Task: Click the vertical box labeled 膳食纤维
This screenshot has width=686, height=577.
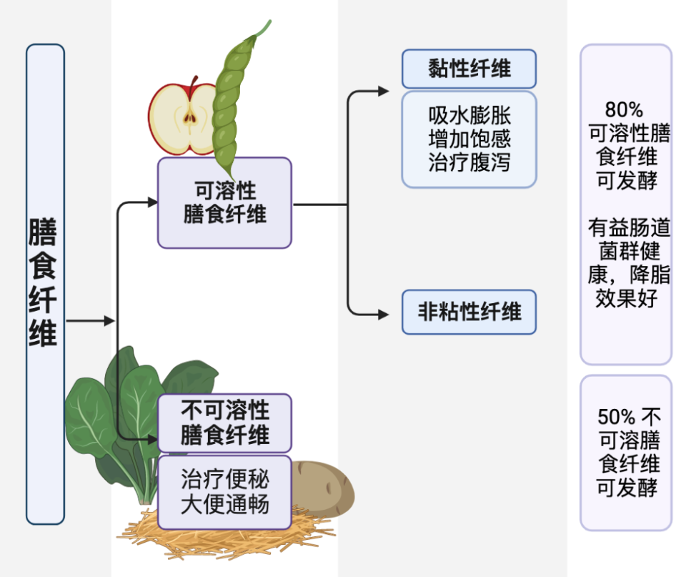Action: coord(45,284)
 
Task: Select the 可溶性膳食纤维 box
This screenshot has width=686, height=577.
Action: coord(224,202)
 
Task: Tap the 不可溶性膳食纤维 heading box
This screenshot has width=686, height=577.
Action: coord(224,423)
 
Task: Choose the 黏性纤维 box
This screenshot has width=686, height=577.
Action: coord(469,69)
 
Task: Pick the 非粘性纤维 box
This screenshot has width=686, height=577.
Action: coord(469,312)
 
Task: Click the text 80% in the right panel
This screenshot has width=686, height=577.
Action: coord(624,110)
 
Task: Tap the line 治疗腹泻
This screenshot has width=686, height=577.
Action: coord(469,162)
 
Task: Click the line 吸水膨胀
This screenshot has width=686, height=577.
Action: coord(469,116)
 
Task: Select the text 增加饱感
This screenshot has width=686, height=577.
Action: coord(469,139)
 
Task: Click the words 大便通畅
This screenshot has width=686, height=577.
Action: coord(224,503)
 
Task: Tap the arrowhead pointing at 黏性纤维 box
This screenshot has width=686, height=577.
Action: coord(384,92)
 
